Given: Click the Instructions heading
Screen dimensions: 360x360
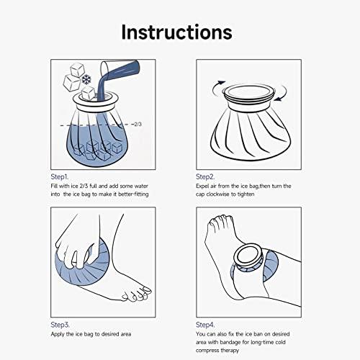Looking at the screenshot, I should point(176,32).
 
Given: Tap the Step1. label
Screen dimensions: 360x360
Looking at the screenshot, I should point(60,176).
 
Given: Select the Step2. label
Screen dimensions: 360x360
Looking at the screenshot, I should point(207,176).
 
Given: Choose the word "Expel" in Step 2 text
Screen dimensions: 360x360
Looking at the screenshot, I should point(202,186).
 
